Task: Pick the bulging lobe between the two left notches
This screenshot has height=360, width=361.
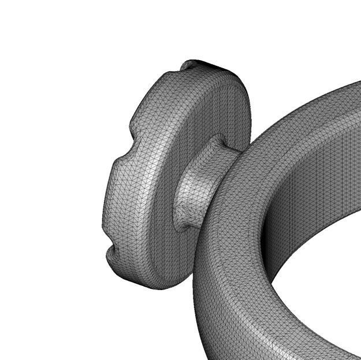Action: click(116, 191)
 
